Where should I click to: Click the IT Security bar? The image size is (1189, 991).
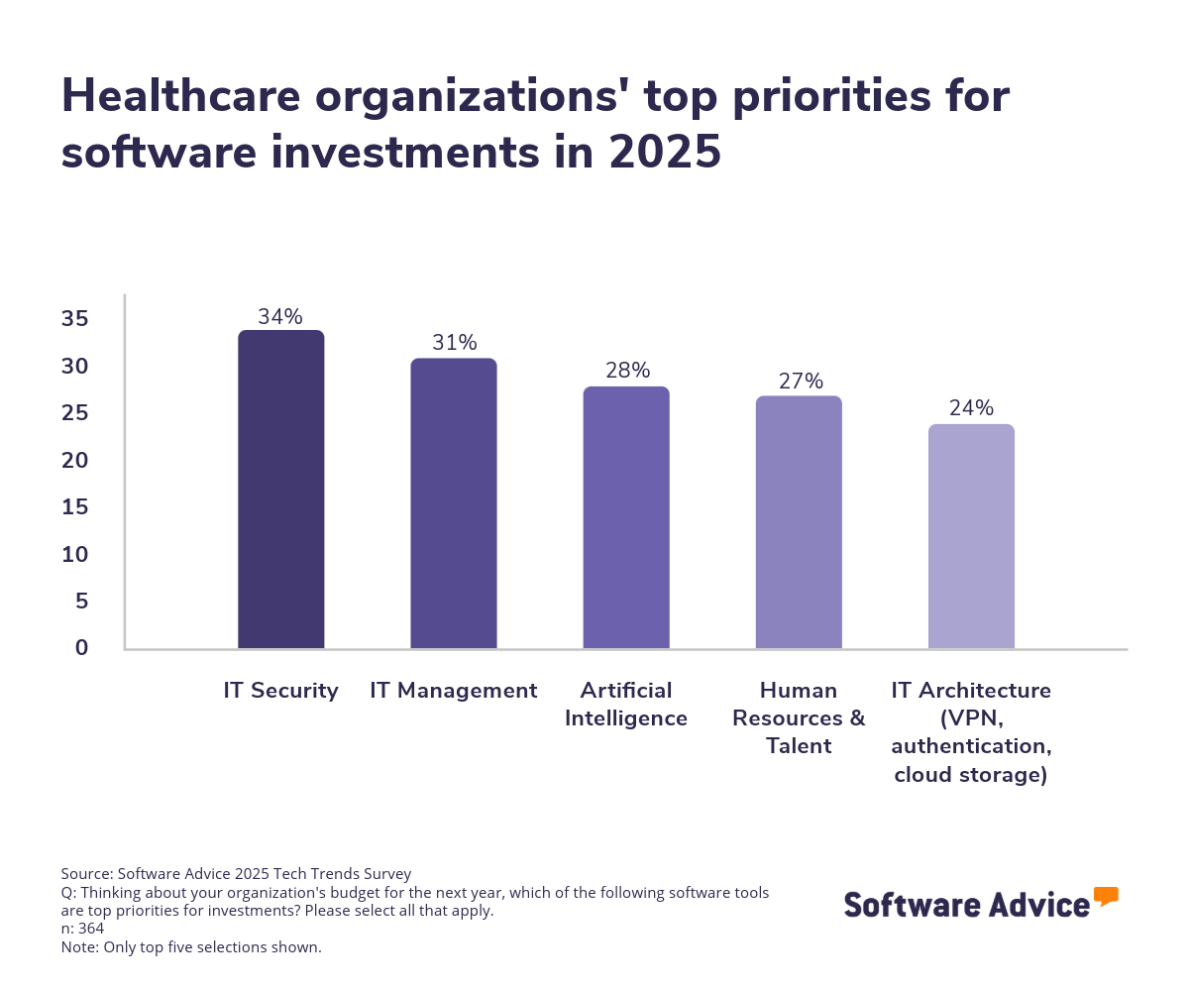[x=281, y=490]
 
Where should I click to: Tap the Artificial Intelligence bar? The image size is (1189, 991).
[x=626, y=517]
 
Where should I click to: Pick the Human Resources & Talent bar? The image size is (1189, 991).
[x=799, y=522]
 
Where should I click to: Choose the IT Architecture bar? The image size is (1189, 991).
[x=971, y=536]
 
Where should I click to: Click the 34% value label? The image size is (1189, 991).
[x=280, y=317]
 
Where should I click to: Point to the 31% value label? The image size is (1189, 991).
[x=454, y=343]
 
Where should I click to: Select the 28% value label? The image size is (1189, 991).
[x=627, y=371]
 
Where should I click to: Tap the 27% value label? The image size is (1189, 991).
[x=800, y=382]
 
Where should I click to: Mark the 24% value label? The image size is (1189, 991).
[x=971, y=408]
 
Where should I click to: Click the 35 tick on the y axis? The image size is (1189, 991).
[x=75, y=319]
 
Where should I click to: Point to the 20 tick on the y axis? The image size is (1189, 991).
[x=75, y=461]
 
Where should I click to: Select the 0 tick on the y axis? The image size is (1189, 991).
[x=81, y=648]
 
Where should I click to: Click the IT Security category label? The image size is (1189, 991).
[x=281, y=691]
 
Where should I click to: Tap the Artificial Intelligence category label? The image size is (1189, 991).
[x=626, y=704]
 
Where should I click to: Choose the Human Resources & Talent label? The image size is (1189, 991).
[x=799, y=717]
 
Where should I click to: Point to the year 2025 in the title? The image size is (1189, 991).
[x=665, y=153]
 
